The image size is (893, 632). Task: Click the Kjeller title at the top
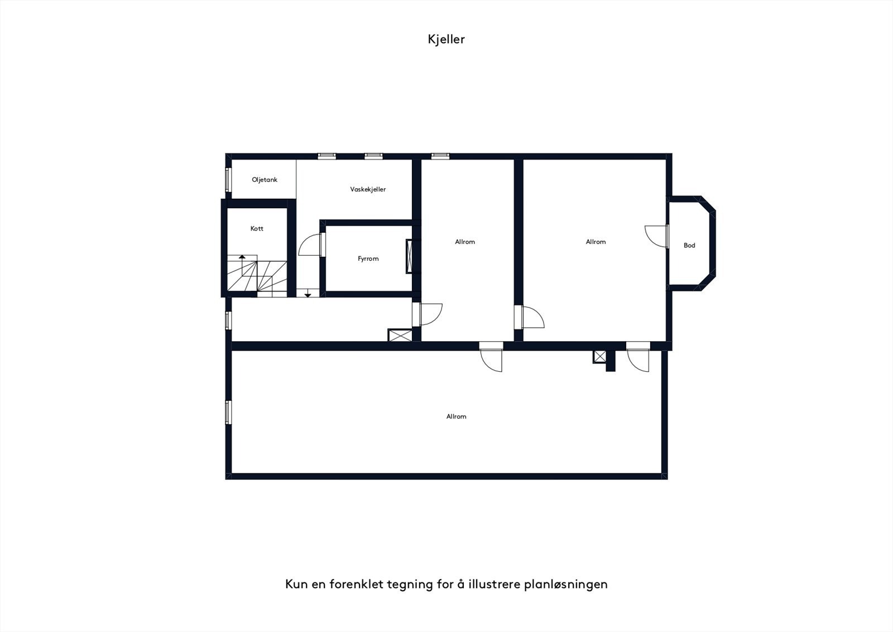(446, 39)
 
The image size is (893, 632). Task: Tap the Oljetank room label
(265, 180)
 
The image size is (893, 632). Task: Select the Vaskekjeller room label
(368, 189)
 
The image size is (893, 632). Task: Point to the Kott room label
(257, 228)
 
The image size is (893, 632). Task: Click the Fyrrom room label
(368, 258)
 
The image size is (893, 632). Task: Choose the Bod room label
(689, 245)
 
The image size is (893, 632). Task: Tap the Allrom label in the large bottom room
(456, 416)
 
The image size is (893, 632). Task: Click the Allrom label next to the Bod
(596, 242)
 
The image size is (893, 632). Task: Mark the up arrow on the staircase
(242, 258)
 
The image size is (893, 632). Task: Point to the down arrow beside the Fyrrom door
(307, 294)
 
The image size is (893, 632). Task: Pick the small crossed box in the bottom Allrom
(600, 356)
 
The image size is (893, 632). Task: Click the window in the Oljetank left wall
(228, 179)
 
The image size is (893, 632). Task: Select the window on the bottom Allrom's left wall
(228, 412)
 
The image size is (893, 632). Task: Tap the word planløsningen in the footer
(566, 584)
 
